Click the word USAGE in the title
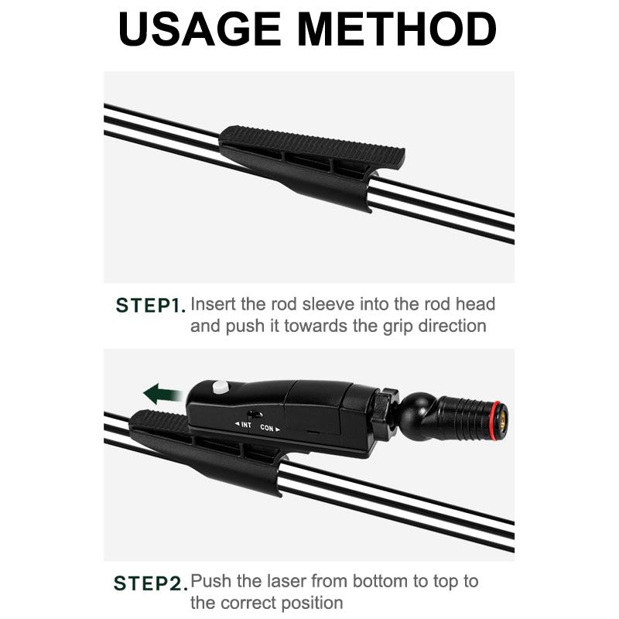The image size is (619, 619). pos(200,29)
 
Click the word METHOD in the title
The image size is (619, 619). pos(397,29)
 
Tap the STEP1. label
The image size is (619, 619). pos(150,306)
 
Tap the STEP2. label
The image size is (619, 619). pos(150,583)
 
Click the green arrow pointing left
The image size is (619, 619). pos(162,394)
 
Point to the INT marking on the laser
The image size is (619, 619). pos(243,424)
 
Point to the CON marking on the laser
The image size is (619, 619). pos(270,428)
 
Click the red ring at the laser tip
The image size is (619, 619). pos(496,421)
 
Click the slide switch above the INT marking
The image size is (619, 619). pos(255,415)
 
